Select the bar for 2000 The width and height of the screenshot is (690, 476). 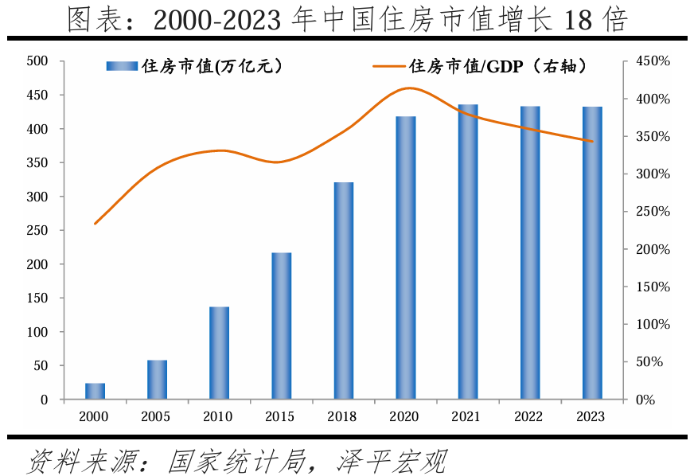pyautogui.click(x=96, y=391)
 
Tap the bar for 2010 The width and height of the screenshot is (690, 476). pyautogui.click(x=220, y=353)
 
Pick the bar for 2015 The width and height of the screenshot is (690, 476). pyautogui.click(x=282, y=326)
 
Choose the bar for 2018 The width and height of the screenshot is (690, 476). pyautogui.click(x=344, y=291)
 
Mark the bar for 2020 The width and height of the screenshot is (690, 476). pyautogui.click(x=406, y=257)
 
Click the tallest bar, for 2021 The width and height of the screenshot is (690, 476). pyautogui.click(x=468, y=252)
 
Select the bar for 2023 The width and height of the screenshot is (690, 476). pyautogui.click(x=592, y=252)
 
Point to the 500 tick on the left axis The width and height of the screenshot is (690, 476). pyautogui.click(x=37, y=61)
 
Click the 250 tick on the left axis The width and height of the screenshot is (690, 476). pyautogui.click(x=37, y=231)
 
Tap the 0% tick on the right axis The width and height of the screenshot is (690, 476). pyautogui.click(x=647, y=400)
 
